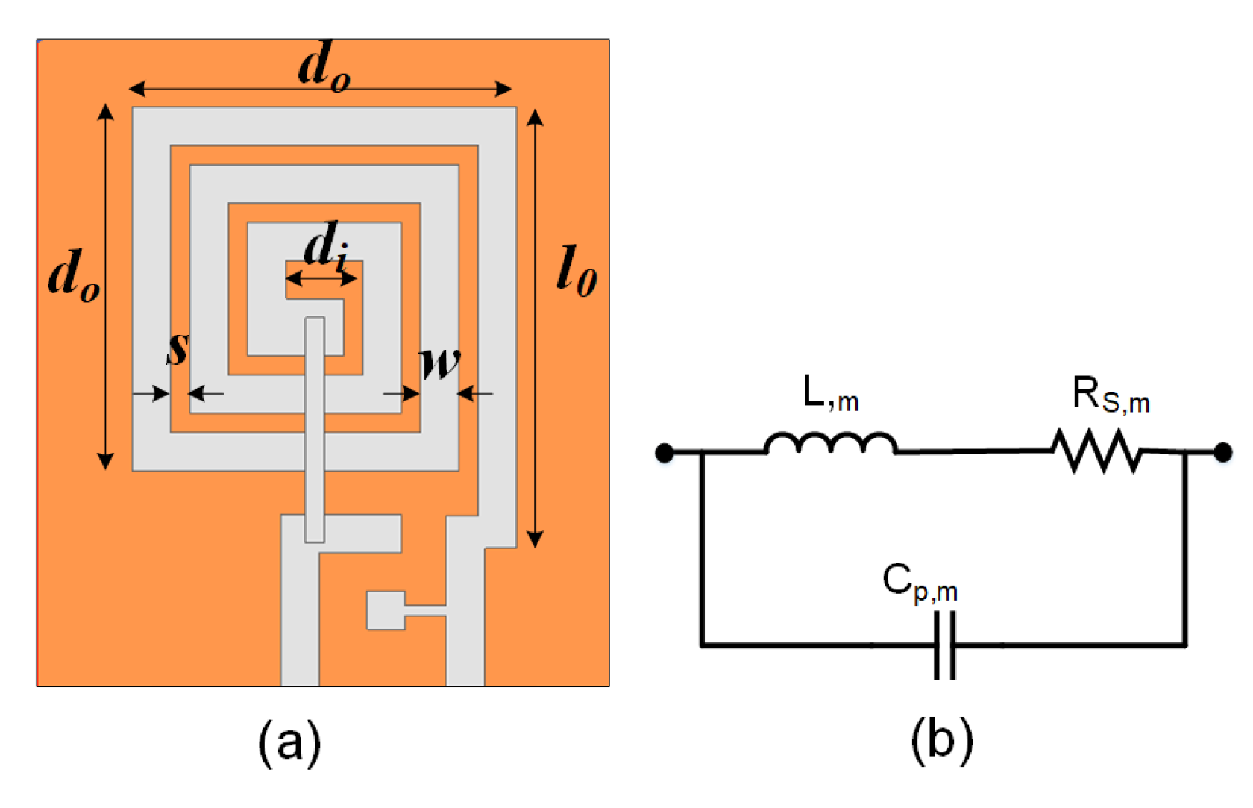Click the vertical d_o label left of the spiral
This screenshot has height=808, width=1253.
[x=73, y=275]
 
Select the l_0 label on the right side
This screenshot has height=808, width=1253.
[x=577, y=272]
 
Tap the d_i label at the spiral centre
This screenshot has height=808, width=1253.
[x=325, y=245]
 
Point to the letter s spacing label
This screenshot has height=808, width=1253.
[x=178, y=348]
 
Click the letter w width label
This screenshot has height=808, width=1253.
[x=440, y=363]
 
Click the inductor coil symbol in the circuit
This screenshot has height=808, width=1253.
[x=830, y=444]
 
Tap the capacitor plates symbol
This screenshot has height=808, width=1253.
[x=945, y=645]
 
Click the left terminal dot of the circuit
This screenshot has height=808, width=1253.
[x=664, y=452]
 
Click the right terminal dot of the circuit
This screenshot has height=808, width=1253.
[x=1222, y=451]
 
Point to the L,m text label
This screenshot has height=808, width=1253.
[x=830, y=393]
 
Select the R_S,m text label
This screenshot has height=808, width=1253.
[x=1110, y=395]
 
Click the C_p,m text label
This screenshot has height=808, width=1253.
[x=919, y=582]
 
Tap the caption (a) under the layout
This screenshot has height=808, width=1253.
[x=289, y=742]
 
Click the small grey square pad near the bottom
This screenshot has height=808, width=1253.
[x=386, y=610]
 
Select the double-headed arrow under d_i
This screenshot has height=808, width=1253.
[x=321, y=279]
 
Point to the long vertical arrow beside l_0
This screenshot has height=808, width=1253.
[x=535, y=328]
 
